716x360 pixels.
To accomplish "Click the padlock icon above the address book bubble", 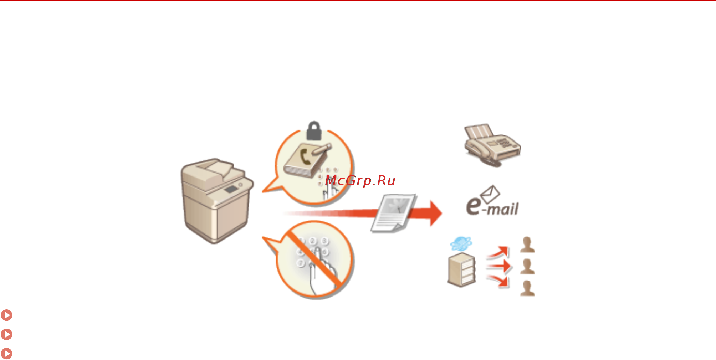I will tap(314, 131).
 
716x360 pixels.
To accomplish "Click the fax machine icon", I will tap(492, 145).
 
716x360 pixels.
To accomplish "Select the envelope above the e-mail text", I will tap(490, 194).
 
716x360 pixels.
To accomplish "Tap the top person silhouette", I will tap(527, 245).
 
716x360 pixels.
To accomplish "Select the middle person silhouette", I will tap(527, 266).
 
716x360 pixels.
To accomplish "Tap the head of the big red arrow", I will tap(435, 213).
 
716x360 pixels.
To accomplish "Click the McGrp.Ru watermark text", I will tap(360, 181).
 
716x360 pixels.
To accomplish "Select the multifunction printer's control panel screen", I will tap(231, 189).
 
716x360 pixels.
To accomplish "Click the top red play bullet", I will tap(6, 315).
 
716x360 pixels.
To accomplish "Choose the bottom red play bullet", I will tap(6, 354).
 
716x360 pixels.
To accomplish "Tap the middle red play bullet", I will tap(6, 334).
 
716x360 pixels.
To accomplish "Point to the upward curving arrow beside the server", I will tap(498, 252).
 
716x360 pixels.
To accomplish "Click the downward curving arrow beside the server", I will tap(498, 281).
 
